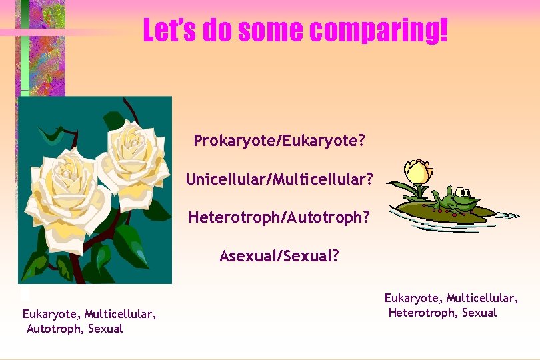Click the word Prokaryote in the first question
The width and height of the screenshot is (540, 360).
coord(236,141)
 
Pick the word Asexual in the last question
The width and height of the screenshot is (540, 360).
coord(249,256)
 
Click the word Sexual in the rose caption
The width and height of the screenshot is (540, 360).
coord(105,329)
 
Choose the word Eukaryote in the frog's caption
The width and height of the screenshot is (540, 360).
coord(412,298)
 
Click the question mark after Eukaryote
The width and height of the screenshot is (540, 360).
coord(361,141)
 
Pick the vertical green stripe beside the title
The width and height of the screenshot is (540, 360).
coord(25,47)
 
